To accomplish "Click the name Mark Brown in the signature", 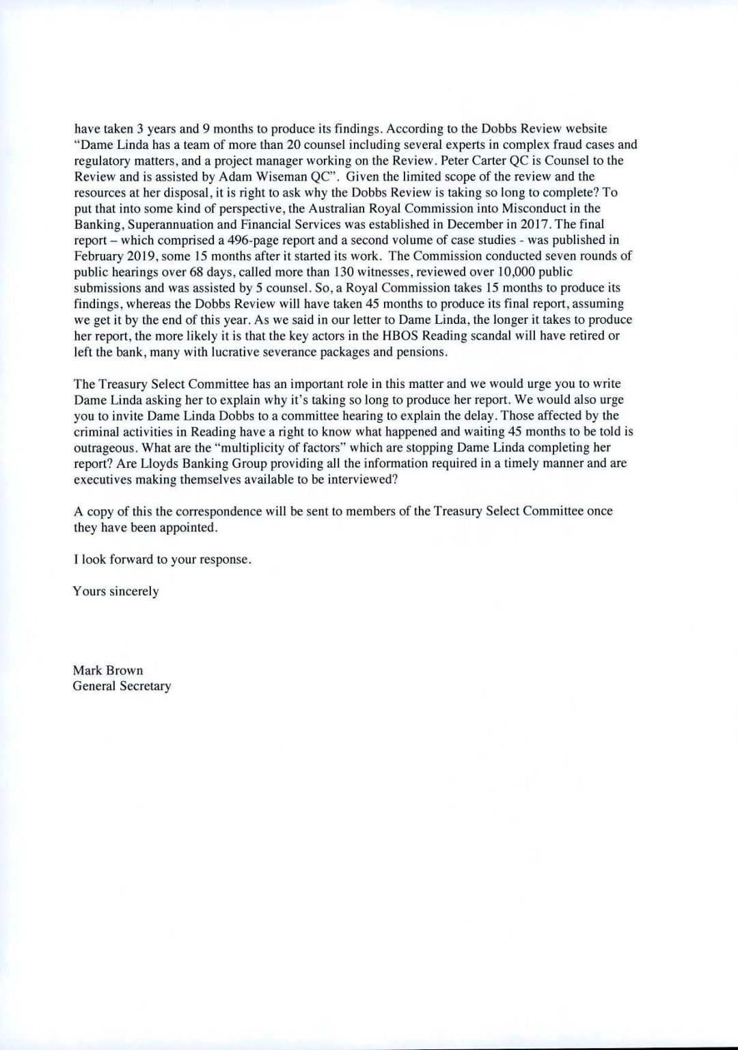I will click(x=107, y=670).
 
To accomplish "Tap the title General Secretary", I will click(x=122, y=686).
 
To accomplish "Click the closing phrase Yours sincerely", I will click(x=115, y=591).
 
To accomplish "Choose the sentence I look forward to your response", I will click(x=162, y=559).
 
